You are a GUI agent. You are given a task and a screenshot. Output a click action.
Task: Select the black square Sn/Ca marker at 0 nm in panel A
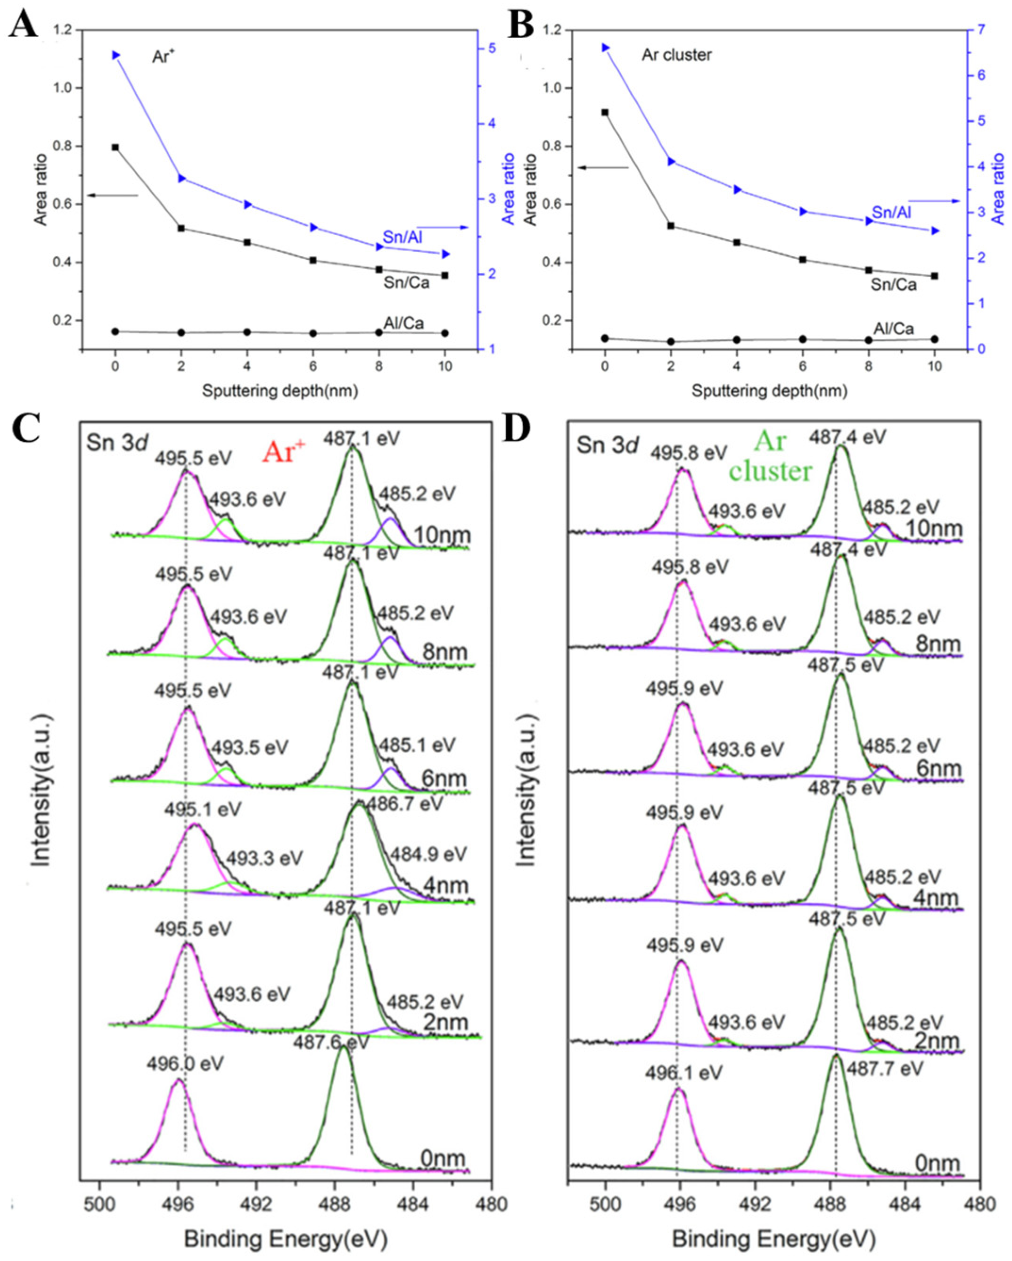(115, 148)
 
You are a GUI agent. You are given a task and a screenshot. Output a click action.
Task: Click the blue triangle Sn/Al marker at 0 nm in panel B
(605, 47)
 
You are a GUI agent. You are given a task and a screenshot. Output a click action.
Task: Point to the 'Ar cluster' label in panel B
(677, 55)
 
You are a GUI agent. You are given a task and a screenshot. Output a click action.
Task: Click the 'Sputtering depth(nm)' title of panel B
(769, 391)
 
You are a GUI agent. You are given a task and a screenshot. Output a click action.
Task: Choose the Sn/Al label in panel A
(403, 237)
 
